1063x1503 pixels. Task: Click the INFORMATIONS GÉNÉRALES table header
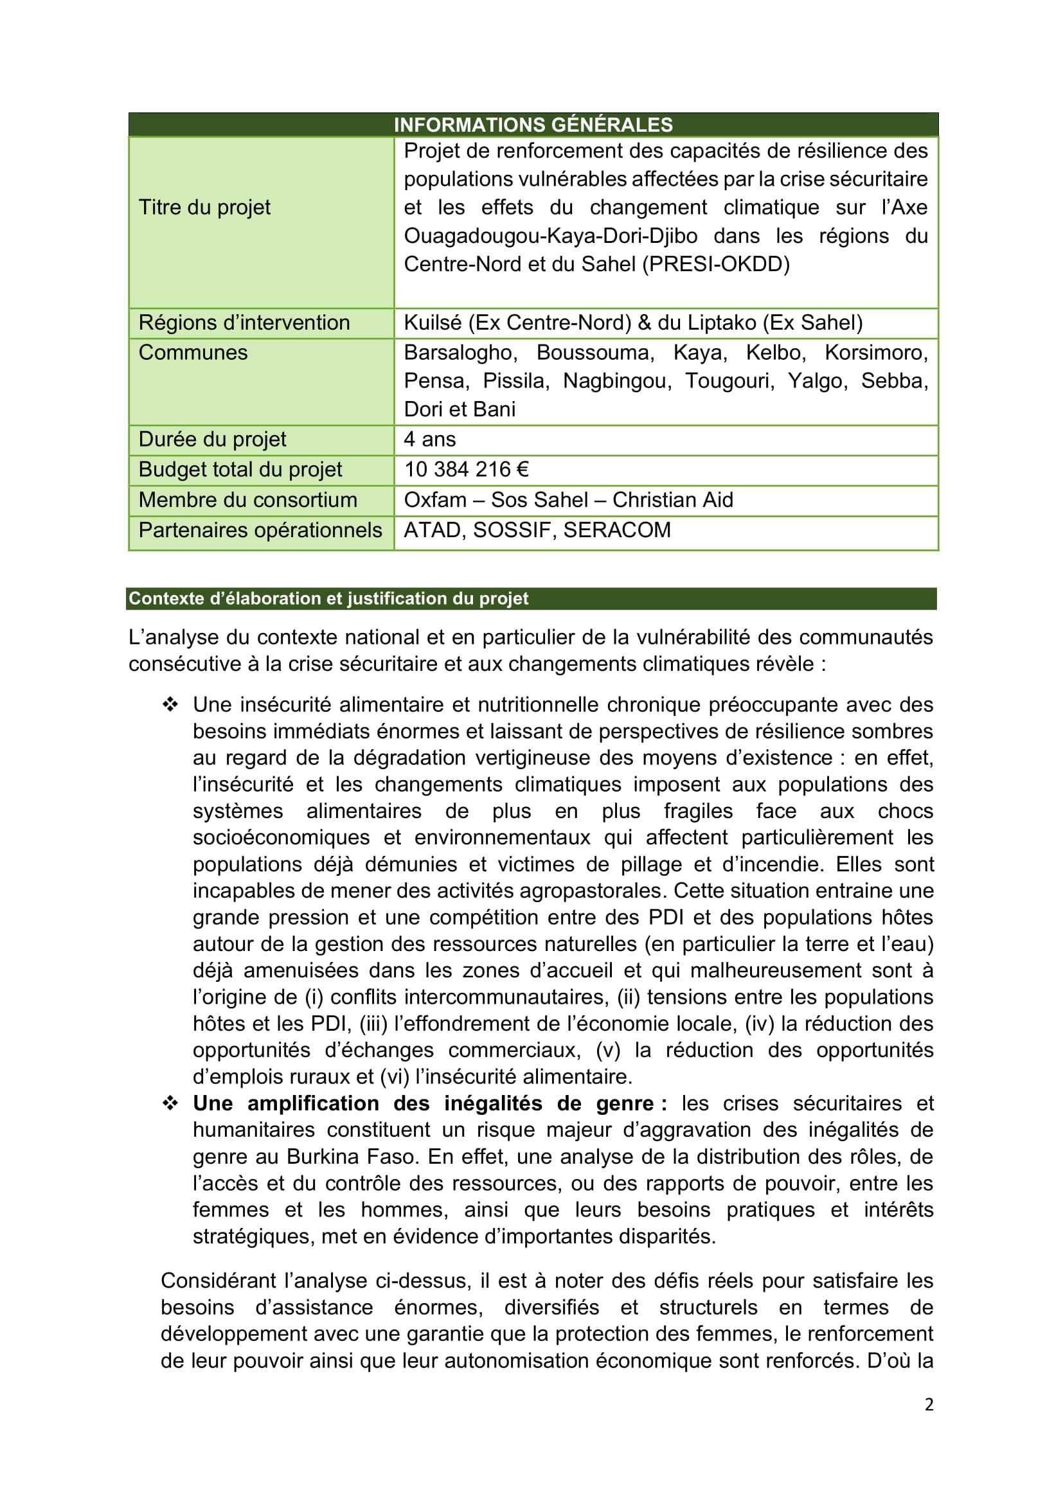(x=533, y=125)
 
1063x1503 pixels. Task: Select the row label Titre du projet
(x=204, y=208)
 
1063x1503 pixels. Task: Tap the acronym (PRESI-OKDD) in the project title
(x=716, y=264)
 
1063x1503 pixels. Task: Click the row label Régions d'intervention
(x=244, y=323)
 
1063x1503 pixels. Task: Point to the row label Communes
(x=193, y=353)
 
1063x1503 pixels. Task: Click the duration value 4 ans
(x=429, y=440)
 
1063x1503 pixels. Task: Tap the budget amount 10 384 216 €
(x=466, y=469)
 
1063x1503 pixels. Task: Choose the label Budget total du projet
(x=240, y=469)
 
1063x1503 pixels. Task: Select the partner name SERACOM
(x=616, y=530)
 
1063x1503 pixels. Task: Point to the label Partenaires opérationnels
(x=260, y=530)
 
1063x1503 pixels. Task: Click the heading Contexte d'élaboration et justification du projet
(x=328, y=598)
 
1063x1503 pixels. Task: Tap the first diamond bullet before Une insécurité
(x=170, y=705)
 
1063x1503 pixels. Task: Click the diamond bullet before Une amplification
(x=170, y=1104)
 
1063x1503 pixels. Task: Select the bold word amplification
(x=313, y=1104)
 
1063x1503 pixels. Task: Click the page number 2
(x=929, y=1404)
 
